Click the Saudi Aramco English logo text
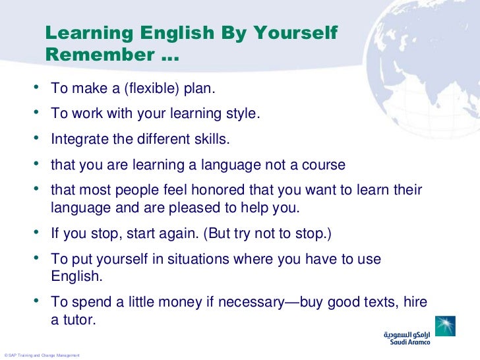(x=407, y=343)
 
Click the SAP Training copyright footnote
(x=41, y=355)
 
